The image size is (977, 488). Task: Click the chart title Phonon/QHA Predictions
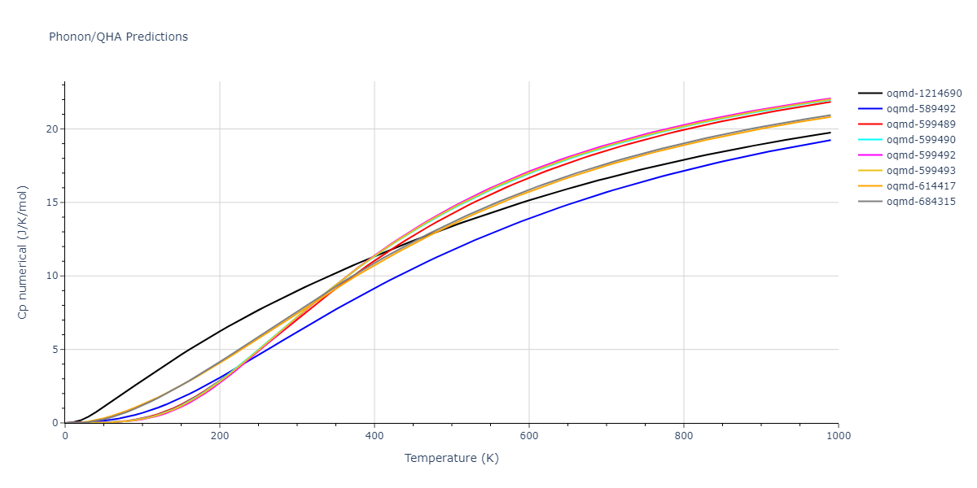(118, 37)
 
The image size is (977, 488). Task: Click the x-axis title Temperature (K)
(452, 458)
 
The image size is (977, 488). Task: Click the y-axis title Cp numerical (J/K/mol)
(23, 252)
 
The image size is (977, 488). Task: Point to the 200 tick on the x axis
(220, 436)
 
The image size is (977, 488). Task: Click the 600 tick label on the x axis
(529, 436)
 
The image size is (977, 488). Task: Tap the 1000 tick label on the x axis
(839, 436)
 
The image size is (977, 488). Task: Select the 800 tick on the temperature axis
(684, 436)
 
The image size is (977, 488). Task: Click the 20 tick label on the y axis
(51, 129)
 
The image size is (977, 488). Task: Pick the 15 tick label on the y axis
(51, 203)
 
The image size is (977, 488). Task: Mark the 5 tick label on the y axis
(55, 350)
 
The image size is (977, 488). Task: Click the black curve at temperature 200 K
(220, 330)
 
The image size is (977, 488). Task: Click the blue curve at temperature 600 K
(529, 218)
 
